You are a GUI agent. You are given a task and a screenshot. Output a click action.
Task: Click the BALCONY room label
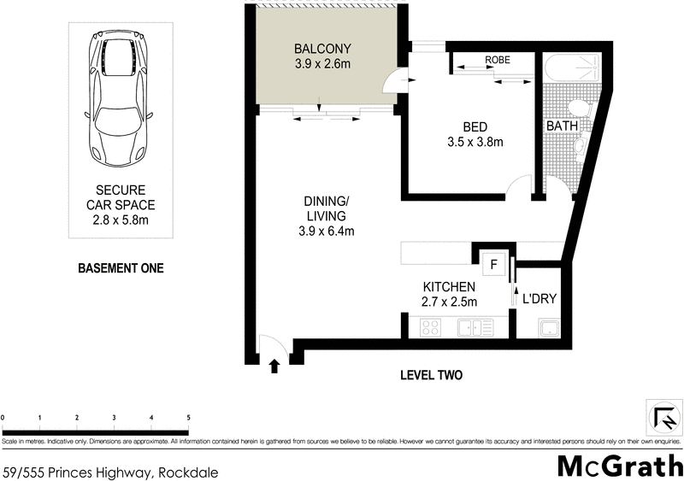[x=323, y=48]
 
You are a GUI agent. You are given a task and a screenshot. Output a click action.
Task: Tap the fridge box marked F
[x=493, y=264]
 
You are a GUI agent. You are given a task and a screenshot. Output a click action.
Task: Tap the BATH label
[x=563, y=126]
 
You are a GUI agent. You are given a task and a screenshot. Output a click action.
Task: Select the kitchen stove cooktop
[x=428, y=326]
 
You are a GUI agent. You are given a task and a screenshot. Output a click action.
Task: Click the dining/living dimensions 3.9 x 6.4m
[x=327, y=231]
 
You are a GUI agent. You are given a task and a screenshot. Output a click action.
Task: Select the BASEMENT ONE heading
[x=121, y=268]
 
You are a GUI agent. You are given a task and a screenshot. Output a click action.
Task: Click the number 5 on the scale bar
[x=188, y=417]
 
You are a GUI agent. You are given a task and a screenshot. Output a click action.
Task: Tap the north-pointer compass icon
[x=664, y=419]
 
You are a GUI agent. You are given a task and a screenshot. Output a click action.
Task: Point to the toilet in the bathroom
[x=579, y=109]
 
